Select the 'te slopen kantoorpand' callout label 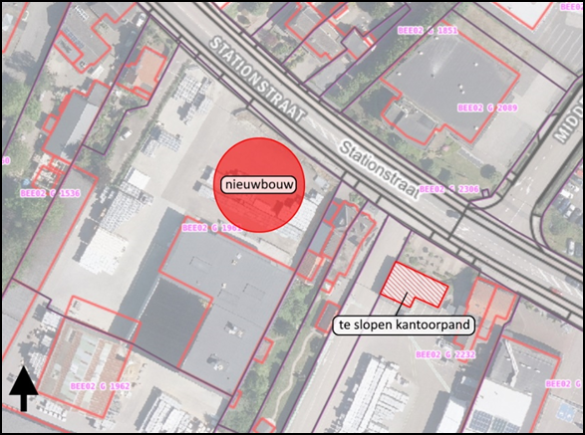tap(402, 325)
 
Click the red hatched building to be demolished tap(413, 286)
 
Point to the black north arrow tap(24, 388)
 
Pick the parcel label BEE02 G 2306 tap(448, 188)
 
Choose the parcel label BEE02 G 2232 tap(442, 353)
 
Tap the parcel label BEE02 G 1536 tap(50, 192)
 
